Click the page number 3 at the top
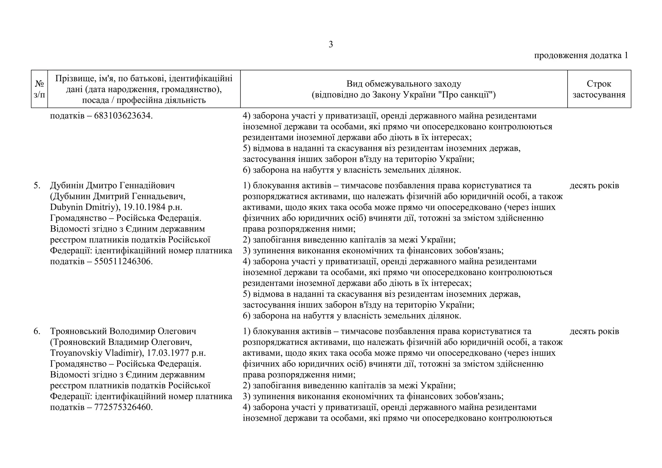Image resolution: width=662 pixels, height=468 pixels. click(331, 45)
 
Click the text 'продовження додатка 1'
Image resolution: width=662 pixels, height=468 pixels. click(581, 55)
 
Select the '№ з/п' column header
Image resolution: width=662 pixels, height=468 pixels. click(39, 89)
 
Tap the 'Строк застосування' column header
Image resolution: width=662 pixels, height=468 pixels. click(599, 89)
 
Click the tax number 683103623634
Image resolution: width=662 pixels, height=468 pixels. click(123, 116)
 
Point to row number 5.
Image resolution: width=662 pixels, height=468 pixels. click(37, 186)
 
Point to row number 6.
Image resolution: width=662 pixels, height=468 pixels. click(37, 331)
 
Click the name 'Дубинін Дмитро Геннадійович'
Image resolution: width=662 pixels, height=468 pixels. click(112, 186)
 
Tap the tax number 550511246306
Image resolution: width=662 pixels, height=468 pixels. click(123, 261)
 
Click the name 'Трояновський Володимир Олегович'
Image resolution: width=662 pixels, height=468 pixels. click(123, 331)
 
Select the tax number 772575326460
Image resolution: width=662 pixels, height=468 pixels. click(123, 407)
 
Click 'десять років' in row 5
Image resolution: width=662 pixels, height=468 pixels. click(594, 186)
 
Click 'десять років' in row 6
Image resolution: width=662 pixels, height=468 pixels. click(594, 331)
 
